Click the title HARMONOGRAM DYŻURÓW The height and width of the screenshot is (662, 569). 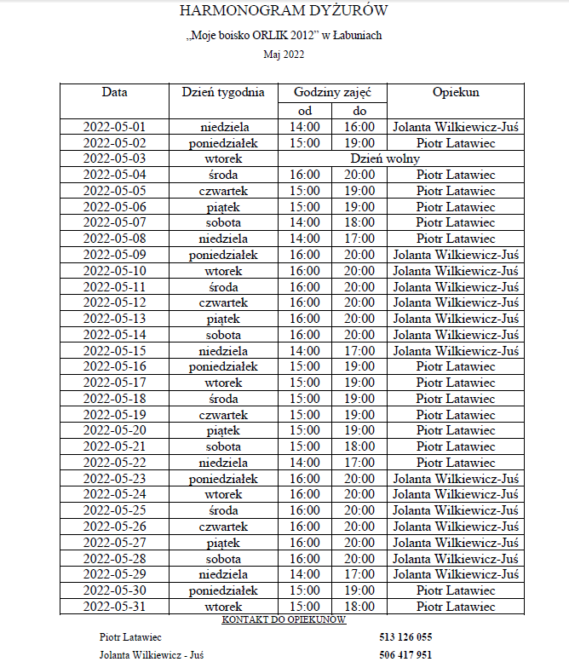[x=284, y=11]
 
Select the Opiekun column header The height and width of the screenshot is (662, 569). [x=456, y=92]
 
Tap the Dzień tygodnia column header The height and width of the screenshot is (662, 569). [x=223, y=92]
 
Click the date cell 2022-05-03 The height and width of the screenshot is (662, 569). [x=114, y=158]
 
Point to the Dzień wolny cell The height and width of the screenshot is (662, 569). [x=385, y=158]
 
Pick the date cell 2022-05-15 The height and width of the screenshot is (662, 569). [x=114, y=350]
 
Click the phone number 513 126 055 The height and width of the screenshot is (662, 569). [x=405, y=637]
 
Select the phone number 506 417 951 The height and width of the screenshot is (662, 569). [x=405, y=655]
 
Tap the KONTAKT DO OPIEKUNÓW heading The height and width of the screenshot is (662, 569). [x=284, y=619]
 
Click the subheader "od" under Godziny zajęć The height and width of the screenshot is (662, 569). [x=305, y=111]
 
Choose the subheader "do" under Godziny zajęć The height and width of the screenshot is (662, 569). [x=359, y=111]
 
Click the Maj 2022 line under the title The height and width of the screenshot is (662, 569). [x=284, y=55]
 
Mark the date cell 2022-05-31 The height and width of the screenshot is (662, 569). [x=114, y=607]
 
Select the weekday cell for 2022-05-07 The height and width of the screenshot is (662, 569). [x=223, y=222]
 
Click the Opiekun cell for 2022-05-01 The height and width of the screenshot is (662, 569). [x=456, y=127]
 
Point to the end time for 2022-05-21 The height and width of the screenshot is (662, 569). [x=359, y=446]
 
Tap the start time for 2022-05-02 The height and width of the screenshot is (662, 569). [x=305, y=143]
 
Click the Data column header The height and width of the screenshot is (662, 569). [x=114, y=92]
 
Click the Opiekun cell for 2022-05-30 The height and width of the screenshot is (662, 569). [x=456, y=590]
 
